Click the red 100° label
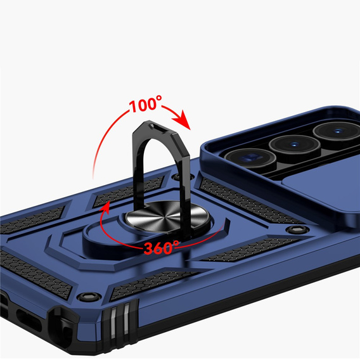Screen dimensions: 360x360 146,105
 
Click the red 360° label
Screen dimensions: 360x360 162,247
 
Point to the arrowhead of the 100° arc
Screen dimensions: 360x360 182,120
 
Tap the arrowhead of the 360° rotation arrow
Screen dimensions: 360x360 105,207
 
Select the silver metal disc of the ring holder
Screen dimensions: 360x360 167,214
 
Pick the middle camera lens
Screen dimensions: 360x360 295,145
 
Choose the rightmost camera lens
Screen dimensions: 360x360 337,131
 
